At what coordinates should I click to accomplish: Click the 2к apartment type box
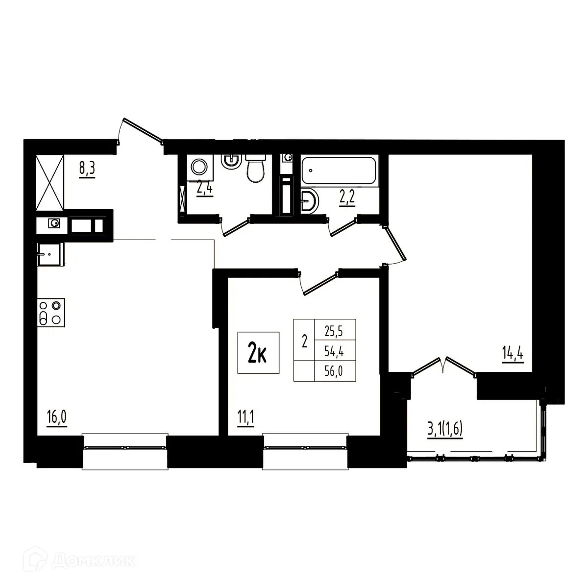[x=258, y=353]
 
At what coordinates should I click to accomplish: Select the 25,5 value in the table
[x=333, y=332]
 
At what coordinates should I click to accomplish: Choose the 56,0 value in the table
[x=333, y=372]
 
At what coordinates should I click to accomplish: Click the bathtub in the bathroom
[x=340, y=171]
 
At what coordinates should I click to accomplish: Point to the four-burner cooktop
[x=51, y=312]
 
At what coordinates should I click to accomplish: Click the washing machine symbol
[x=198, y=168]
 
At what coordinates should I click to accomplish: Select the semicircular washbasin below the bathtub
[x=309, y=201]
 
